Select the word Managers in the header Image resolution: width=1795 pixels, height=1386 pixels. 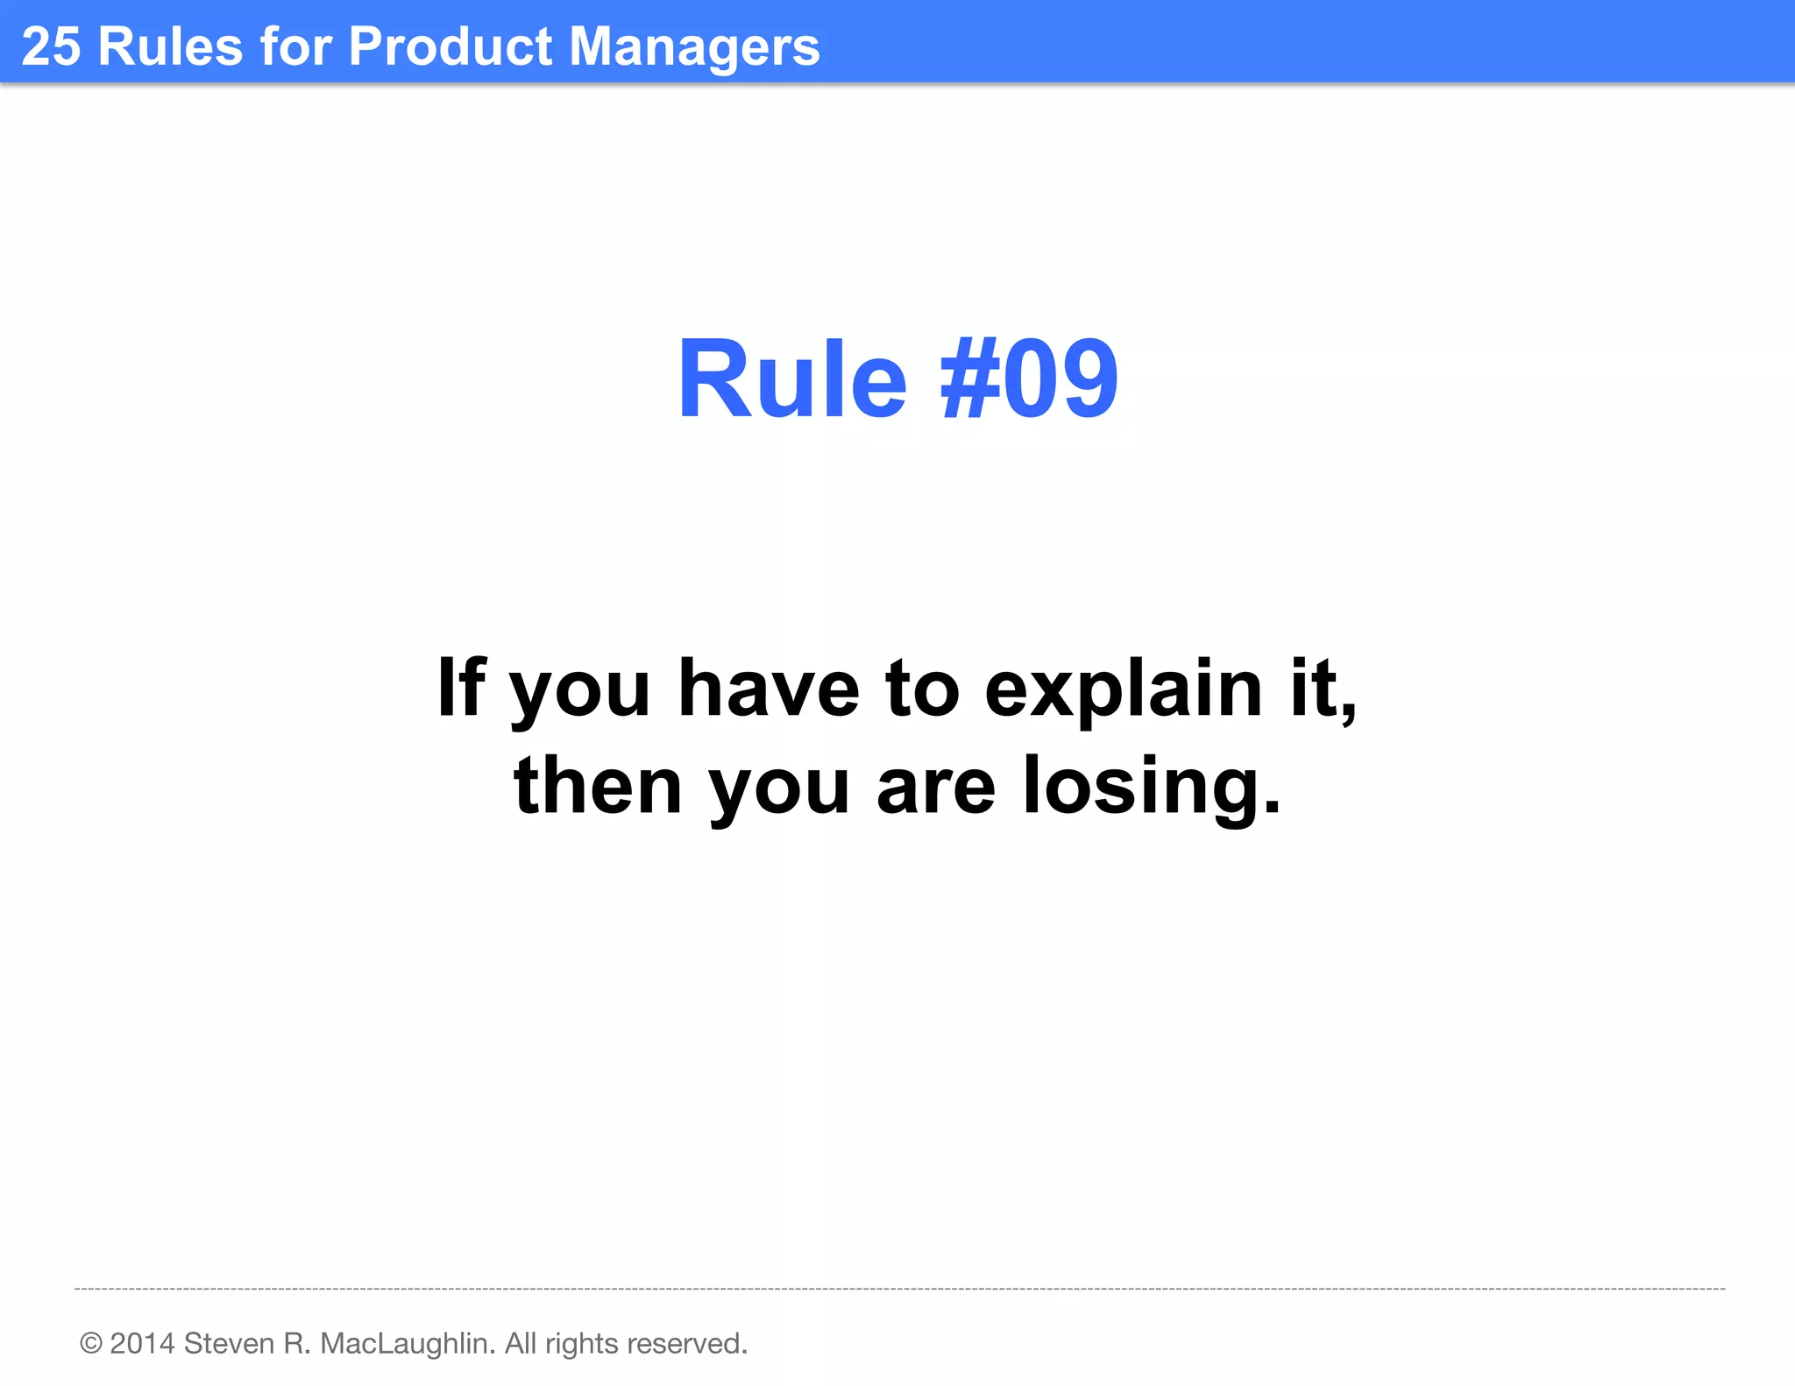tap(694, 47)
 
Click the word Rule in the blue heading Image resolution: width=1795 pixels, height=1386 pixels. tap(791, 379)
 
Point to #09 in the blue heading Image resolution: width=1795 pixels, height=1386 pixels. tap(1028, 379)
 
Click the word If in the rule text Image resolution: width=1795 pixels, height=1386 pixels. tap(461, 688)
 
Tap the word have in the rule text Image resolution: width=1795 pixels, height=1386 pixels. tap(769, 688)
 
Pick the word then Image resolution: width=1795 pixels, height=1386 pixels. tap(598, 786)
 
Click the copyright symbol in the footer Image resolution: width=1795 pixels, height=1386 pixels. tap(91, 1343)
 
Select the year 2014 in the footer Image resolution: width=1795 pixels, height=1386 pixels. tap(143, 1343)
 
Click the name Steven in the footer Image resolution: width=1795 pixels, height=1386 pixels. tap(229, 1343)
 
